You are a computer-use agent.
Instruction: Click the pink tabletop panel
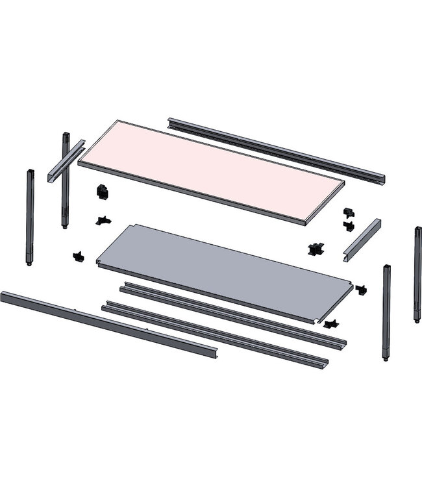pyautogui.click(x=211, y=170)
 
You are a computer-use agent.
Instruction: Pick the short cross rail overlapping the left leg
pyautogui.click(x=66, y=160)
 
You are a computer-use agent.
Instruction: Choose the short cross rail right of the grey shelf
pyautogui.click(x=362, y=238)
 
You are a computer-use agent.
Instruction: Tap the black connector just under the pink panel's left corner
pyautogui.click(x=101, y=192)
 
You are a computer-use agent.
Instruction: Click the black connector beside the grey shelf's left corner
pyautogui.click(x=79, y=256)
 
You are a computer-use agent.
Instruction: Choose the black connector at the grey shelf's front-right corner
pyautogui.click(x=331, y=323)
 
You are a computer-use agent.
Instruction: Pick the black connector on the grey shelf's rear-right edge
pyautogui.click(x=316, y=249)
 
